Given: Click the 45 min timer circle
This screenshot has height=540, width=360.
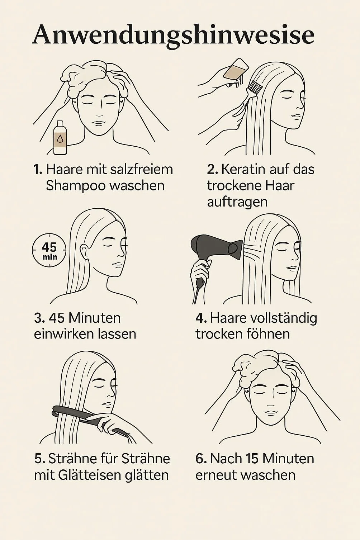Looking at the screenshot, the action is coord(49,250).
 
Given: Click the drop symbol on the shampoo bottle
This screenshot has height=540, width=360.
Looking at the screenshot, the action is coord(60,139).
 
